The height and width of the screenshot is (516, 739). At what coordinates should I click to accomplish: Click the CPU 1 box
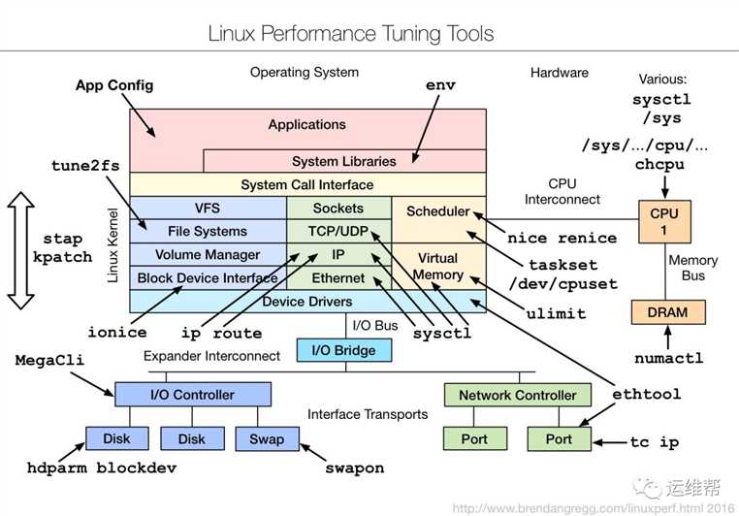click(x=665, y=222)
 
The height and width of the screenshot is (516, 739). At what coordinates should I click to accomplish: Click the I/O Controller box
click(x=192, y=395)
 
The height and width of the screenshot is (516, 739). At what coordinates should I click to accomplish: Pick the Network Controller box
click(x=517, y=395)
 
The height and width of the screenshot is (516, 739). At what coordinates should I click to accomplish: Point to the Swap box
click(x=267, y=438)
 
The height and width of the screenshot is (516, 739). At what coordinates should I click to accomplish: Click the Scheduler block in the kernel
click(x=437, y=210)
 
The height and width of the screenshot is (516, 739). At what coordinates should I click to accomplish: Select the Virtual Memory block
click(x=438, y=267)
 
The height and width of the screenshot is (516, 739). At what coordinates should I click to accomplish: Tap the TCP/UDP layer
click(x=338, y=232)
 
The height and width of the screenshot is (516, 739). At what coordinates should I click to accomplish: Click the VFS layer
click(x=208, y=208)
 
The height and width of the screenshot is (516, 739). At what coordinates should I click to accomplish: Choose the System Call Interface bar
click(x=306, y=184)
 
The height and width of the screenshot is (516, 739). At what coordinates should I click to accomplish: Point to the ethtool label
click(x=646, y=394)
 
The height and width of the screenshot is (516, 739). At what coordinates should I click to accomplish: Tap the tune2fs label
click(x=85, y=165)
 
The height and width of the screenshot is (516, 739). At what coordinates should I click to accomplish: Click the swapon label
click(x=354, y=468)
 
